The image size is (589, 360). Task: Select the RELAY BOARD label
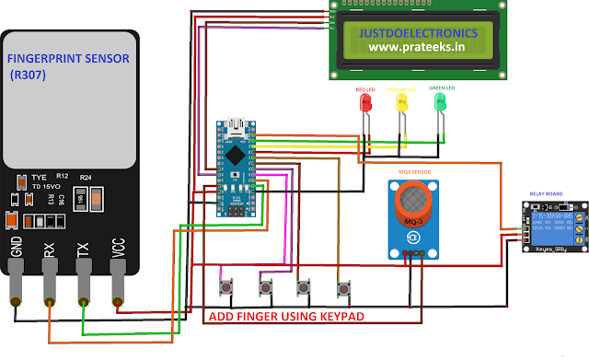(x=547, y=194)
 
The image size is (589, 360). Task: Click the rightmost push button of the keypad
(x=344, y=288)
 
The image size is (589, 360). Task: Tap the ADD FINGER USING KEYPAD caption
(x=288, y=317)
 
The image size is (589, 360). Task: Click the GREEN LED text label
(x=443, y=88)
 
